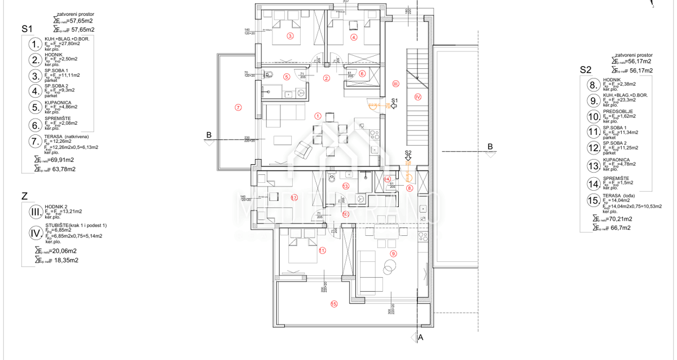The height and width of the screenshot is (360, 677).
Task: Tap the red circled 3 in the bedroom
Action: tap(290, 37)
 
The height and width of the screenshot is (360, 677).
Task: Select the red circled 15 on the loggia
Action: tap(334, 304)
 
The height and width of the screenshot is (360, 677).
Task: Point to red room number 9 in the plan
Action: tap(393, 253)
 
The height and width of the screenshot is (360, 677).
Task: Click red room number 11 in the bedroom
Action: tap(322, 250)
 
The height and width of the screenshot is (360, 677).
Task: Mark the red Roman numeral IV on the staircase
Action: tap(418, 96)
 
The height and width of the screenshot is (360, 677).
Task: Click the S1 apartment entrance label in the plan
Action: tap(394, 100)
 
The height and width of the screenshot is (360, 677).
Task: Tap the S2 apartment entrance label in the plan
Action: tap(408, 152)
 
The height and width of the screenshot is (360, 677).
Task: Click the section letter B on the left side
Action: tap(209, 135)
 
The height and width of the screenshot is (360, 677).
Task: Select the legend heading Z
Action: tap(24, 197)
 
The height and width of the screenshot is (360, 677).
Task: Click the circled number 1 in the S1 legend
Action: tap(36, 44)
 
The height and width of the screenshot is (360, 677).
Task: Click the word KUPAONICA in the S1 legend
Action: tap(56, 103)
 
